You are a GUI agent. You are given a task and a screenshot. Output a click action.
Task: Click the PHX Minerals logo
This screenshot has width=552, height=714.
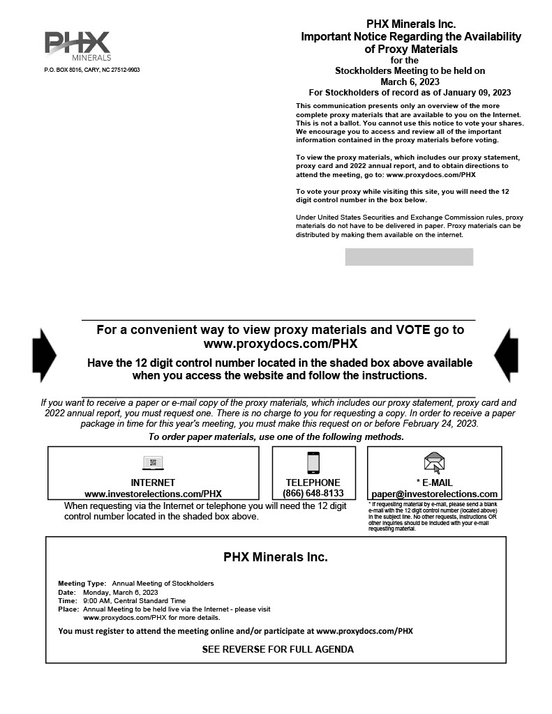[77, 45]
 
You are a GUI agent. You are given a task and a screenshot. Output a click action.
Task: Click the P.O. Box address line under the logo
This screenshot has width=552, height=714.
[92, 70]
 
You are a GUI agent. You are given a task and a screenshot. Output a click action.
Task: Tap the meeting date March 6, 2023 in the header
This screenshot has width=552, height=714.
[410, 82]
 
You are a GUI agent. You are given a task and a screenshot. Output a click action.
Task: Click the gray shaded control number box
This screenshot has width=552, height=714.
[409, 257]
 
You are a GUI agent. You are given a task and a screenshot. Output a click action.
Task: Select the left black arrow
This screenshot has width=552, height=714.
[44, 355]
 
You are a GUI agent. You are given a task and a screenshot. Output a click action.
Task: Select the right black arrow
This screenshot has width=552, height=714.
[506, 355]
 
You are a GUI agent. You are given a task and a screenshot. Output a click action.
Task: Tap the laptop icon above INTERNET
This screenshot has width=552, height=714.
[153, 462]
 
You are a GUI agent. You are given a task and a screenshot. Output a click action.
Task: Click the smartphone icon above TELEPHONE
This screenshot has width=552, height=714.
[313, 462]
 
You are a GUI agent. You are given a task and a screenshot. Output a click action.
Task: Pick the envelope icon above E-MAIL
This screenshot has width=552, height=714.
[434, 462]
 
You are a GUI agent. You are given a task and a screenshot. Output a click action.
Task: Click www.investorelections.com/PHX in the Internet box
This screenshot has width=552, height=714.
[153, 494]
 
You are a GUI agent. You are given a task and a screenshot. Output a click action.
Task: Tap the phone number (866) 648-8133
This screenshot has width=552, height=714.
[313, 494]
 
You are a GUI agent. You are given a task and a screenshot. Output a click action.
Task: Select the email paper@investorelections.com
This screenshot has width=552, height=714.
[434, 494]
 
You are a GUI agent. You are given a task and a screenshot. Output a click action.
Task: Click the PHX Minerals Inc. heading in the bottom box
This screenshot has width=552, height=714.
[275, 557]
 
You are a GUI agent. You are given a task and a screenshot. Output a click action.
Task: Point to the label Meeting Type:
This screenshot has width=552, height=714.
[82, 583]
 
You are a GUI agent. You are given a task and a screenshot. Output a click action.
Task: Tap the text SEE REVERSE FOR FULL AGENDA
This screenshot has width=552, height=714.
[278, 649]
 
